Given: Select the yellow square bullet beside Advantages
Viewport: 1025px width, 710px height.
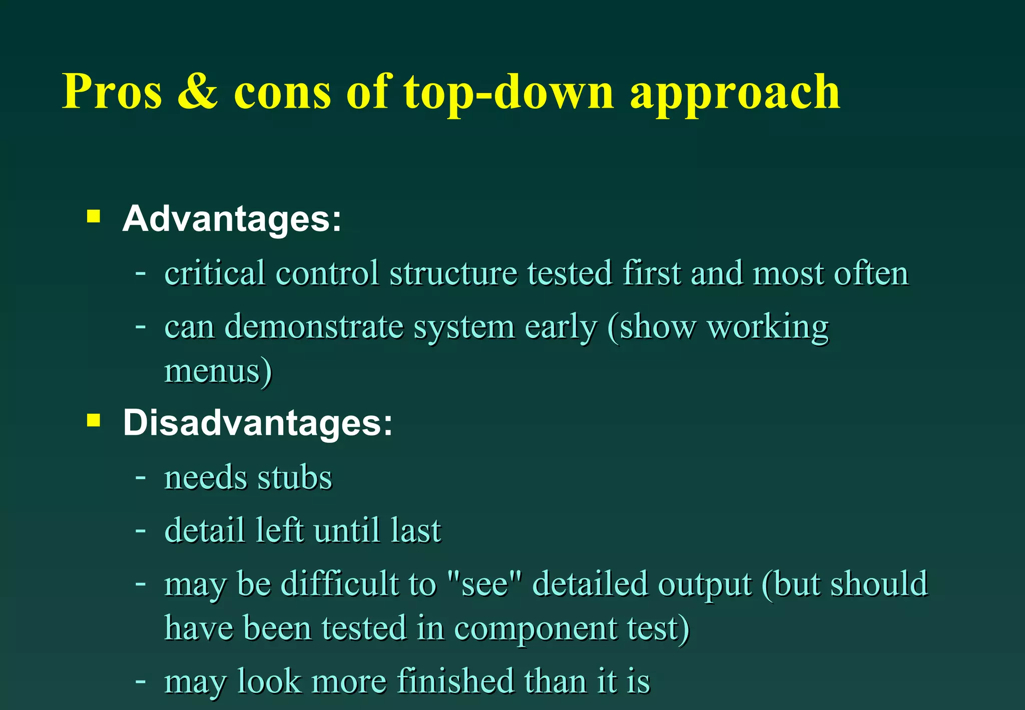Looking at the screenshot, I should point(94,216).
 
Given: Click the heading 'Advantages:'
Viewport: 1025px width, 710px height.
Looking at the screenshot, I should point(232,219).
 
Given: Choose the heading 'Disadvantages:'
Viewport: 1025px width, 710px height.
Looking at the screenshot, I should point(258,423).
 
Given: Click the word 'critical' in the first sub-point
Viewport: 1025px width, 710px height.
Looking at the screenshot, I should point(215,273).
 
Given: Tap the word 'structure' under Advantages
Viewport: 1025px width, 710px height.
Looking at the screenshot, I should point(452,273).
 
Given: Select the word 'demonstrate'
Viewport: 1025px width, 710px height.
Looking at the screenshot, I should point(314,327).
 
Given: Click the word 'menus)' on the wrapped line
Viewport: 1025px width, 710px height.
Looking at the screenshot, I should point(218,371).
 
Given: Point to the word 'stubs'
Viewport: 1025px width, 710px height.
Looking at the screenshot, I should point(294,477).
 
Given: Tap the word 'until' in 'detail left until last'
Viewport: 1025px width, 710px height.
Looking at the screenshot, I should point(346,530).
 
